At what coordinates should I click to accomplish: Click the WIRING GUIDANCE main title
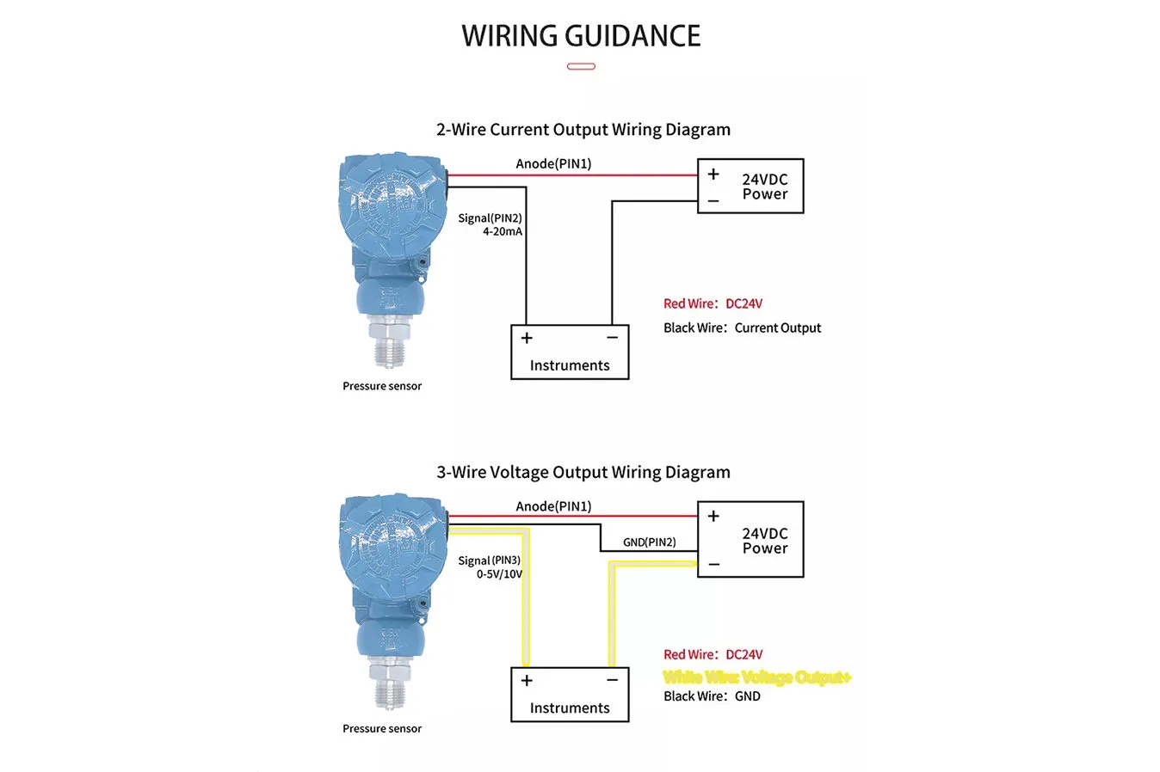click(x=581, y=36)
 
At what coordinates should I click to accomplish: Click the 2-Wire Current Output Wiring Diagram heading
click(x=583, y=130)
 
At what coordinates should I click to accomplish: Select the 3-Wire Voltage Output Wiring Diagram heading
click(x=583, y=472)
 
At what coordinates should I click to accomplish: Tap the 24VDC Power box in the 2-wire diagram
click(x=750, y=186)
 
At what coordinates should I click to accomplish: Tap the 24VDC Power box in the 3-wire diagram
click(x=750, y=540)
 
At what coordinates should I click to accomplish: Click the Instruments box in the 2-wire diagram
click(x=570, y=352)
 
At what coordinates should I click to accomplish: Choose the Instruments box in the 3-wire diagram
click(x=570, y=695)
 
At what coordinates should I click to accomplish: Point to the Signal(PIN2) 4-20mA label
click(x=491, y=224)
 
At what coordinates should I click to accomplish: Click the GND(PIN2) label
click(x=649, y=542)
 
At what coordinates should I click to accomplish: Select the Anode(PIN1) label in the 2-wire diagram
click(x=553, y=164)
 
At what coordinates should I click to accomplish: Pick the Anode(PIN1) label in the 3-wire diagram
click(x=553, y=506)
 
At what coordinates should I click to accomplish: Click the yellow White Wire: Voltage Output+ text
click(x=756, y=677)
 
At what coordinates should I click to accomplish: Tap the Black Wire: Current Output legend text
click(x=742, y=328)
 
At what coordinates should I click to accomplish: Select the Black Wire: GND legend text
click(x=712, y=696)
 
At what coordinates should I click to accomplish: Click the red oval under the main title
click(x=581, y=66)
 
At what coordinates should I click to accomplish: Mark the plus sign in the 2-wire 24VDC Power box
click(x=713, y=175)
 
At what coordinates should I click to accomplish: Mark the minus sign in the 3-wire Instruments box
click(x=612, y=680)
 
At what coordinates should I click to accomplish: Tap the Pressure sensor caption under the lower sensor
click(x=382, y=729)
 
